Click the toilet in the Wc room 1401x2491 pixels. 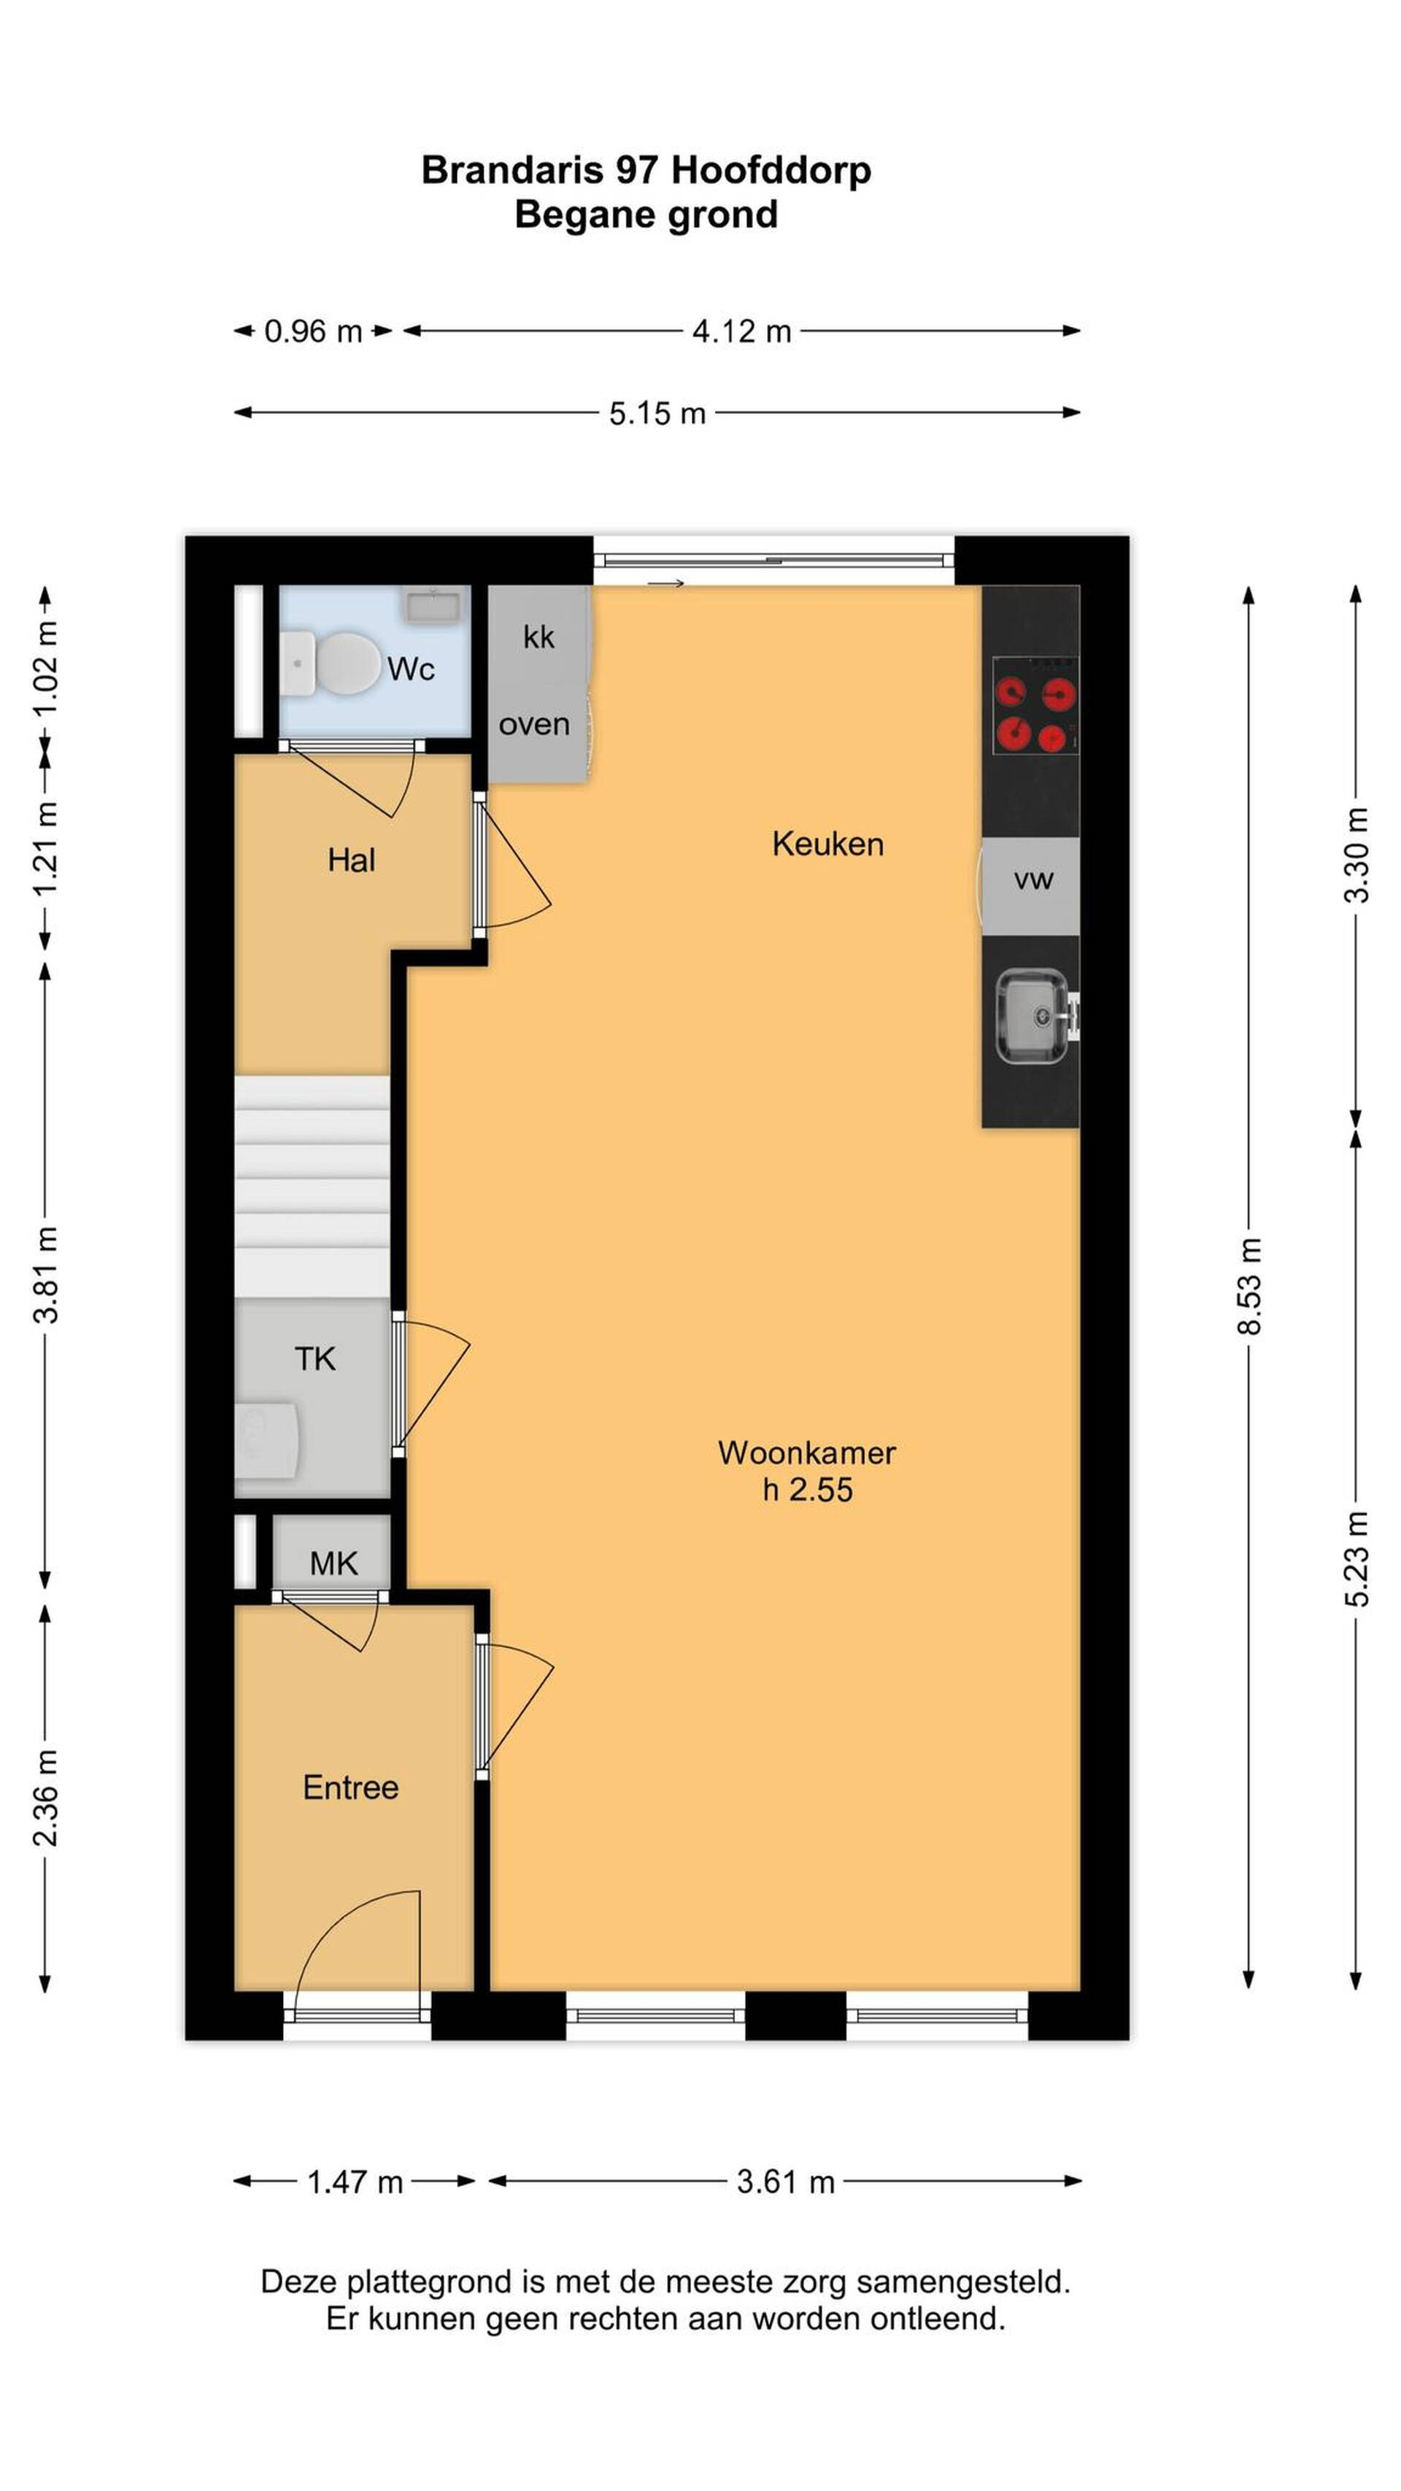pyautogui.click(x=334, y=663)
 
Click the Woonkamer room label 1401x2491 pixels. pyautogui.click(x=806, y=1452)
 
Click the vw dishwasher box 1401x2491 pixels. pyautogui.click(x=1031, y=886)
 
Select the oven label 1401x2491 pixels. pyautogui.click(x=533, y=724)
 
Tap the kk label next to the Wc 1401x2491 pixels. pyautogui.click(x=539, y=637)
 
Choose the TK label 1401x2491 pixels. pyautogui.click(x=315, y=1359)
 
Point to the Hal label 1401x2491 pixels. pyautogui.click(x=351, y=860)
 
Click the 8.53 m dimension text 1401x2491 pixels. pyautogui.click(x=1249, y=1286)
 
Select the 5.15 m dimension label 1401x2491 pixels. pyautogui.click(x=657, y=414)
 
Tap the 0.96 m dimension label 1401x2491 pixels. pyautogui.click(x=313, y=331)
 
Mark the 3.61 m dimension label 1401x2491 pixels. pyautogui.click(x=785, y=2182)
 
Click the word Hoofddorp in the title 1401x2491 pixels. pyautogui.click(x=771, y=170)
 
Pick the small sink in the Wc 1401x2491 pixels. pyautogui.click(x=431, y=604)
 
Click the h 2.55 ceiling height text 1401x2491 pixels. pyautogui.click(x=807, y=1489)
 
